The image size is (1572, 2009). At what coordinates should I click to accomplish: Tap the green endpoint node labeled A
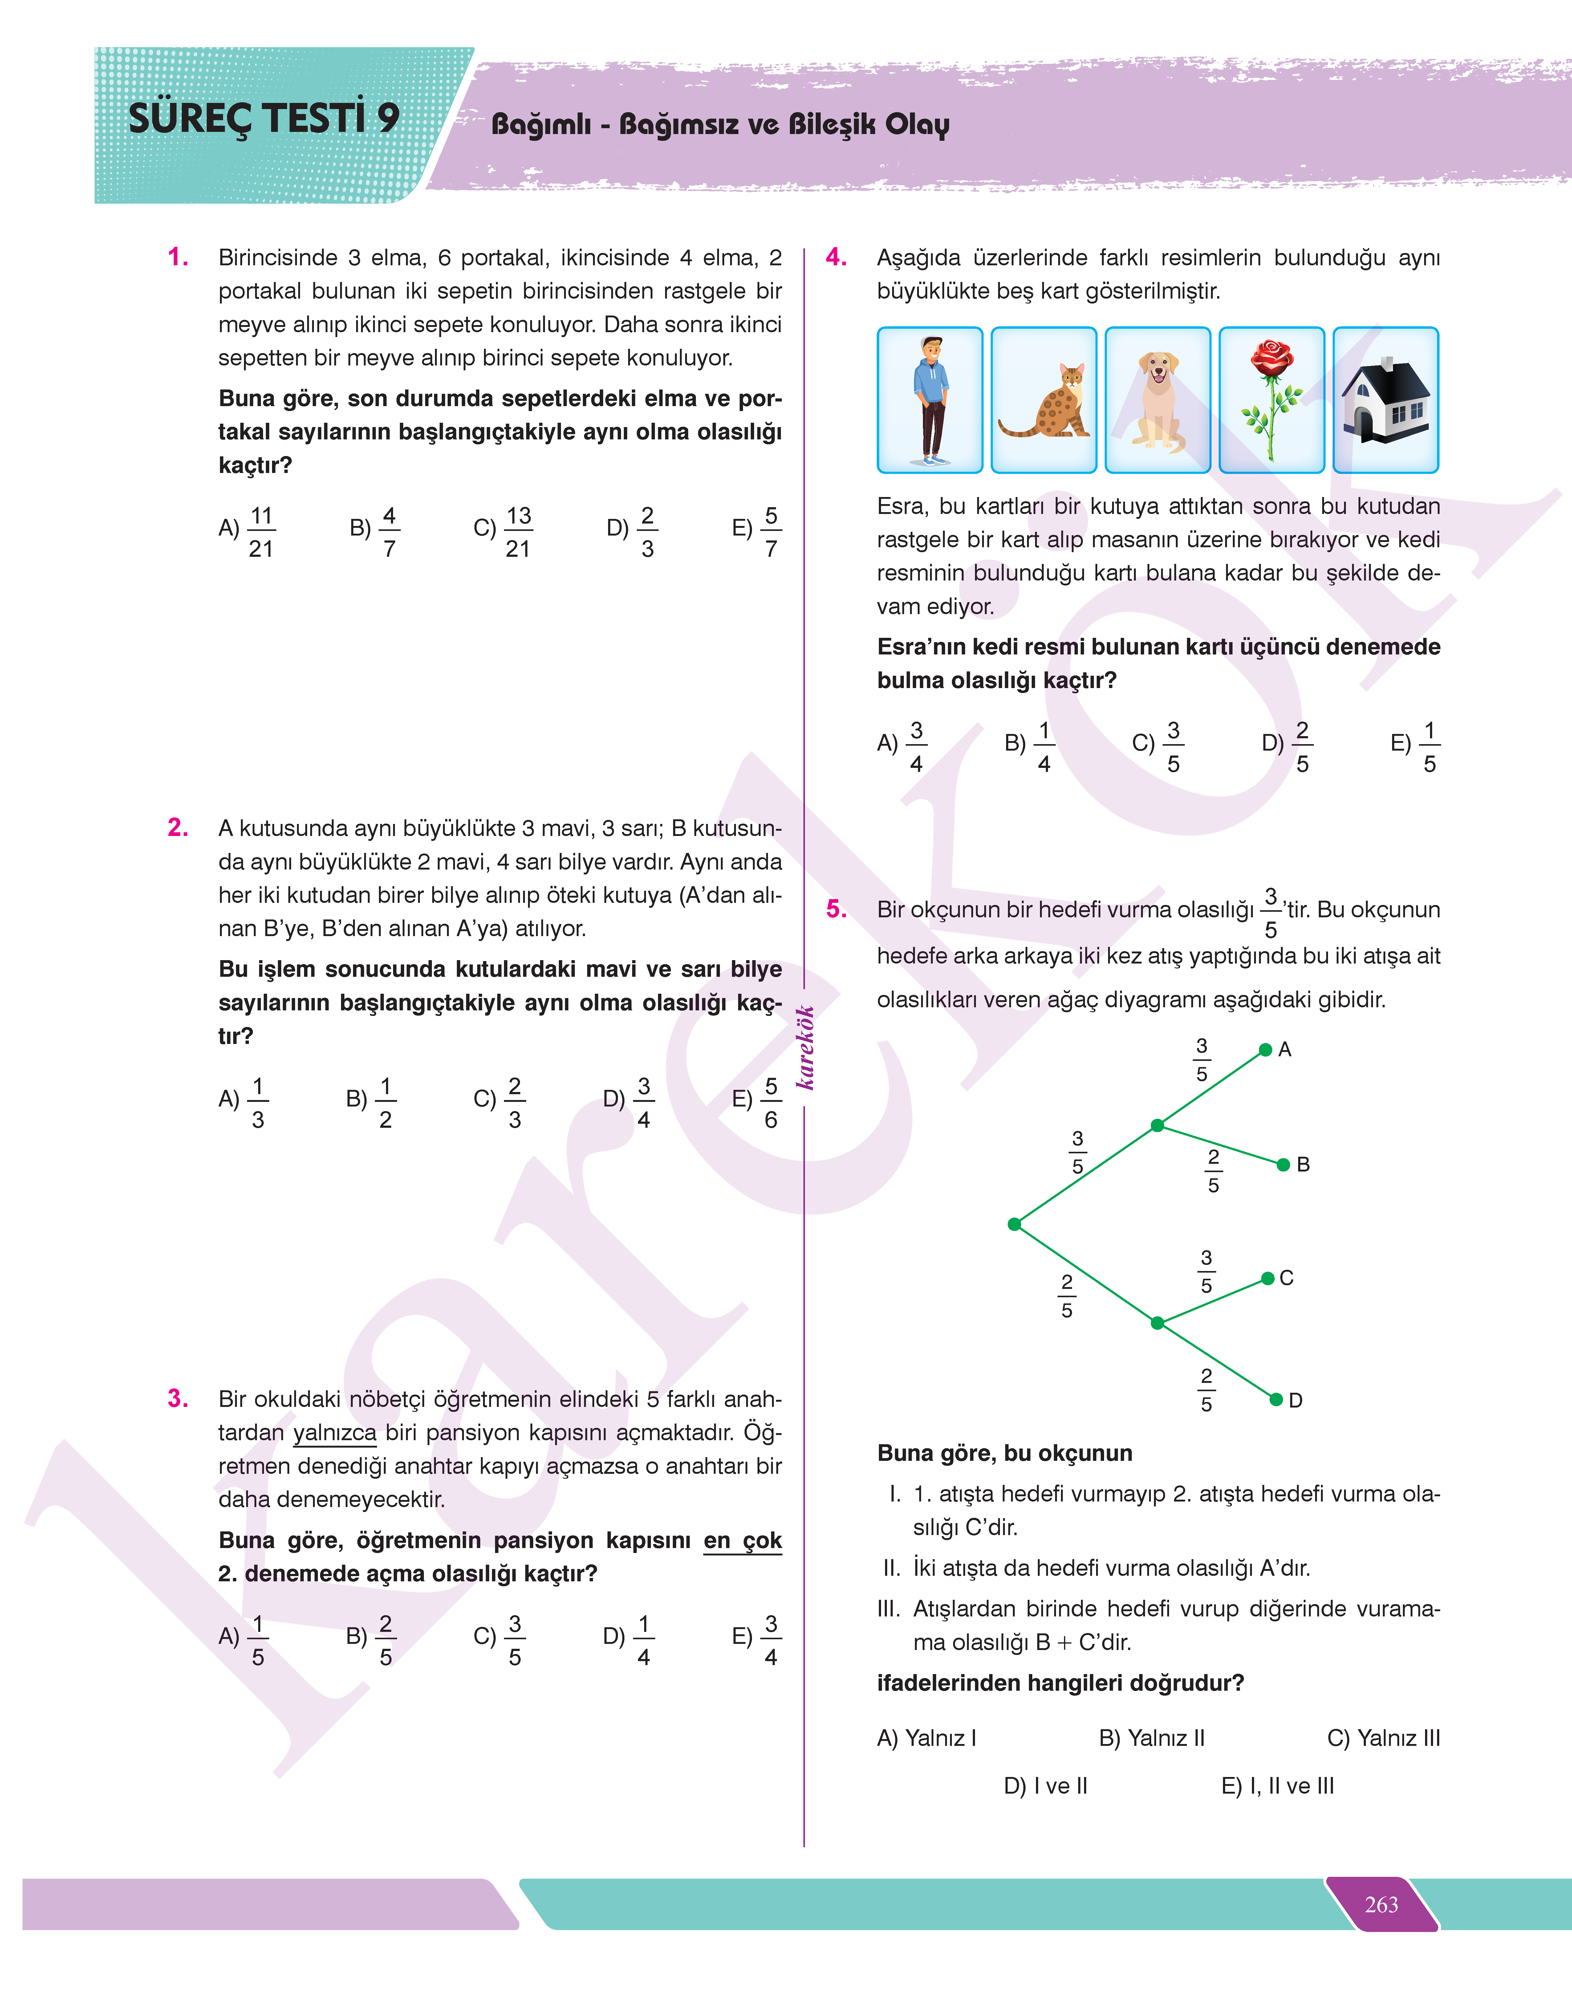click(x=1265, y=1049)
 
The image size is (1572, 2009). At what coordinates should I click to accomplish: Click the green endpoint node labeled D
click(x=1276, y=1400)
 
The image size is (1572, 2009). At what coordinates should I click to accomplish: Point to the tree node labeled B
click(x=1283, y=1165)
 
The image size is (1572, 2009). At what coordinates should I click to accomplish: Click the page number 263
click(x=1381, y=1904)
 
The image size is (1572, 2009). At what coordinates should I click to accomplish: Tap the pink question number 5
click(x=836, y=909)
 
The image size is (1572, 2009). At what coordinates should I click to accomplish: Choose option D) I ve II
click(x=1046, y=1785)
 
